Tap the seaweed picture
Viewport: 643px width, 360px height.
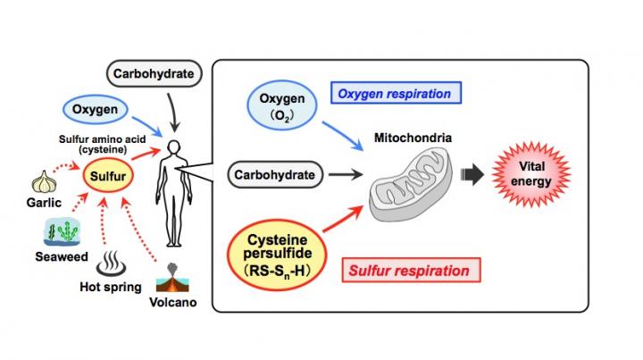(x=61, y=230)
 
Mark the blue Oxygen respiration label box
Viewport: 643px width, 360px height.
(x=397, y=92)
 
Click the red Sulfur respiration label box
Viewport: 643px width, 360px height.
(x=407, y=267)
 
